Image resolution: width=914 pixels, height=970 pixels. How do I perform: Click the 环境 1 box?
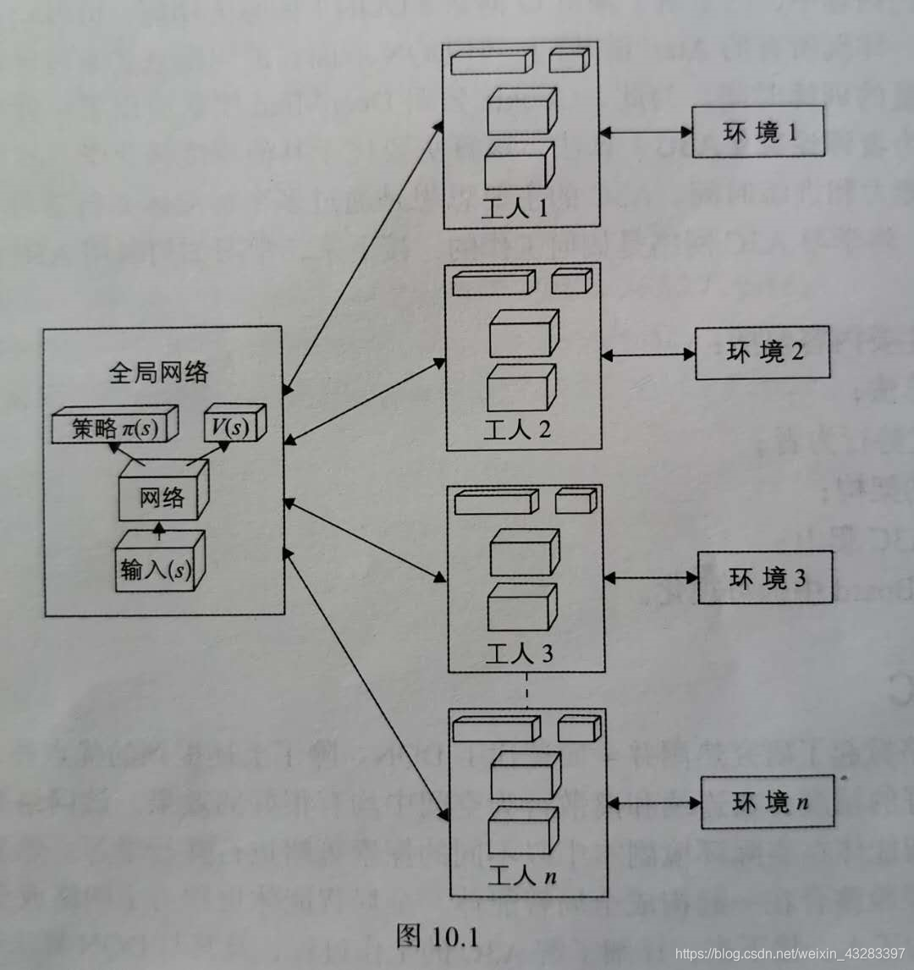coord(757,132)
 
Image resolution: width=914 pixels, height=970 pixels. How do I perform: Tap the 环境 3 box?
coord(765,577)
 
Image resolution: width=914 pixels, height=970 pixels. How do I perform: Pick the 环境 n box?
coord(767,802)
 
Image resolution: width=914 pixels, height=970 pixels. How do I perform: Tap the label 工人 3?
coord(519,653)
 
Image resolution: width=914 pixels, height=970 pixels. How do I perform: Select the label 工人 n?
coord(521,877)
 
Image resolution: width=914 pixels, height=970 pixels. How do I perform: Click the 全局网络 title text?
coord(158,372)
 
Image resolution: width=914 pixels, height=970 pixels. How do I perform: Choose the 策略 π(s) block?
coord(113,427)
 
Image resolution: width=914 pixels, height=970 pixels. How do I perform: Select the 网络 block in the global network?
coord(162,496)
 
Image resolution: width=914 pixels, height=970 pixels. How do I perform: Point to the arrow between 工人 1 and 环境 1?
coord(646,132)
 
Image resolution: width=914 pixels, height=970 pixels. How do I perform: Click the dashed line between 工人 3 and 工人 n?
coord(526,689)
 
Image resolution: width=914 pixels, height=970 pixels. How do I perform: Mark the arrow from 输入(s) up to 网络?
coord(158,531)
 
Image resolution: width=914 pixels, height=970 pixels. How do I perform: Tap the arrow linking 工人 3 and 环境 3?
coord(651,577)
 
